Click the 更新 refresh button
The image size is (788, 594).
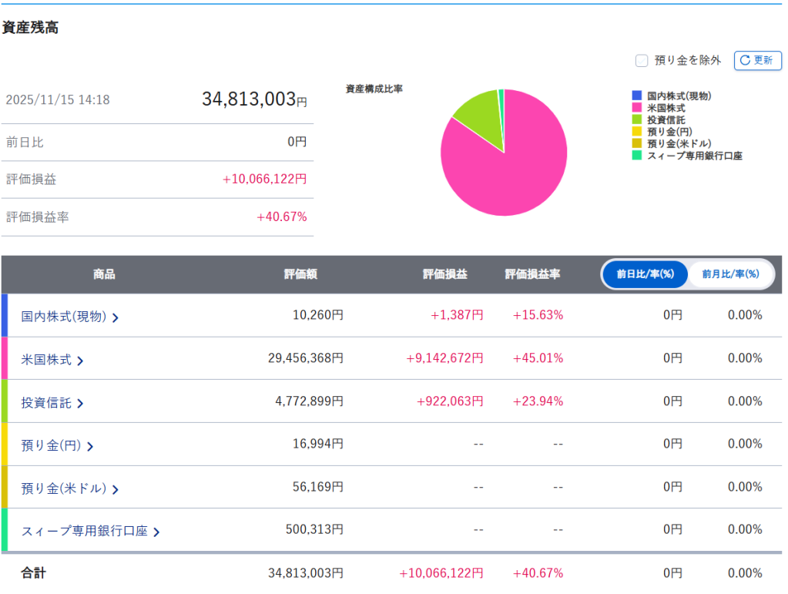coord(757,60)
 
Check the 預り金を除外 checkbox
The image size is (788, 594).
coord(641,60)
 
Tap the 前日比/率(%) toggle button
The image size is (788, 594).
coord(645,274)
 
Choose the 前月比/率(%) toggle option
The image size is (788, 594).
coord(730,274)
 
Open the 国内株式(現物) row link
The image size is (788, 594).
coord(69,316)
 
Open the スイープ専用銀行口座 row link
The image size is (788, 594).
coord(90,531)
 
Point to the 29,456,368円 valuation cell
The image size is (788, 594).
coord(305,358)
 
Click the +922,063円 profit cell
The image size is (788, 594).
coord(450,401)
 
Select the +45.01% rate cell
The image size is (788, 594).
coord(538,358)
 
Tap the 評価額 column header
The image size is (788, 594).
coord(300,274)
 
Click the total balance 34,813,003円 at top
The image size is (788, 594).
coord(254,99)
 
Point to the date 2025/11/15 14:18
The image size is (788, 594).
coord(58,100)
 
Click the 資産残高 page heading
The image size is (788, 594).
coord(31,28)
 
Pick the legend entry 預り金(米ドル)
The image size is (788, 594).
coord(679,143)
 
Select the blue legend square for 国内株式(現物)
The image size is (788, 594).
coord(636,96)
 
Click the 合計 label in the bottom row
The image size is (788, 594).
coord(34,573)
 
